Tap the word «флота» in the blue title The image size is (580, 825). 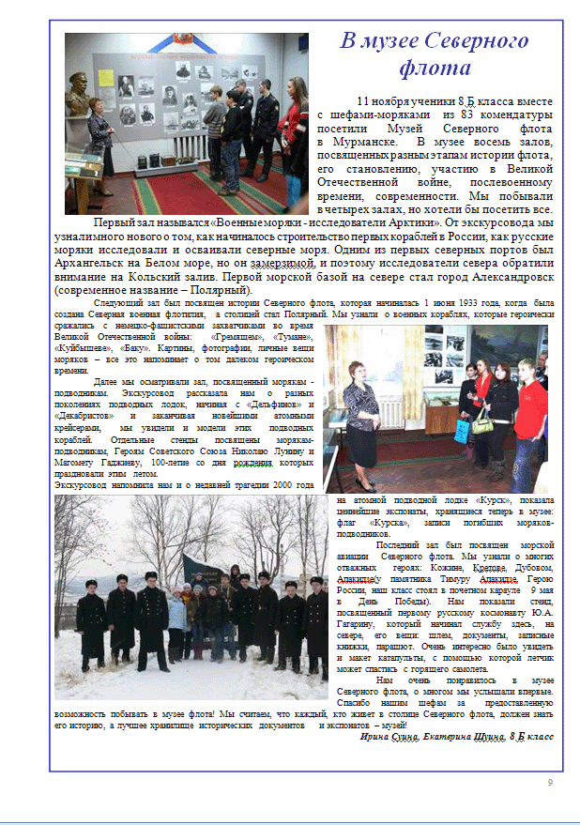click(434, 69)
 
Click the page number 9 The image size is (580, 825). click(550, 783)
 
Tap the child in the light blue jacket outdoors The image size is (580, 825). click(176, 620)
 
